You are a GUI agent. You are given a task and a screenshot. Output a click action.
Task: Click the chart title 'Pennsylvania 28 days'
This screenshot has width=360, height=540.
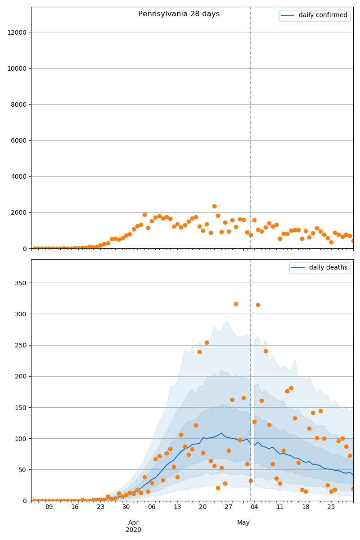[179, 14]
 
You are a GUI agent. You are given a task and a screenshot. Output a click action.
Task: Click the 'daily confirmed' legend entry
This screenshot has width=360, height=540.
[323, 15]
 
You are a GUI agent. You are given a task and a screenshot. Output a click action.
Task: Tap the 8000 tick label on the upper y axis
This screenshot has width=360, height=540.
[18, 104]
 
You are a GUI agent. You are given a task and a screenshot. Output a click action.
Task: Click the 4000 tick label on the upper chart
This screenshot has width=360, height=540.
[18, 176]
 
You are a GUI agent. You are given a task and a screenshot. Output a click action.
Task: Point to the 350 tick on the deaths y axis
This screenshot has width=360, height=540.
[22, 283]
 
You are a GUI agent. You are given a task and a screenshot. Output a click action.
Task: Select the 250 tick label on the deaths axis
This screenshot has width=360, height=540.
[22, 345]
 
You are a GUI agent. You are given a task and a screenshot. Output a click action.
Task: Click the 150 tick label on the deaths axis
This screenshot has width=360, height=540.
[22, 407]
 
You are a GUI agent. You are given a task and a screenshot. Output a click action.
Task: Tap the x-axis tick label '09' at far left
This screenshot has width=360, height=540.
[49, 507]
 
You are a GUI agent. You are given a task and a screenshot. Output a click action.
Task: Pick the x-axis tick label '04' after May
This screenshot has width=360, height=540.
[254, 507]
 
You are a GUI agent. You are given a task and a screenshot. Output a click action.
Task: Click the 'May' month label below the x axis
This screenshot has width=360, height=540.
[243, 523]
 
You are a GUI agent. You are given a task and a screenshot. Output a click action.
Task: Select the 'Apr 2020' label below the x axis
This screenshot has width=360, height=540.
[134, 526]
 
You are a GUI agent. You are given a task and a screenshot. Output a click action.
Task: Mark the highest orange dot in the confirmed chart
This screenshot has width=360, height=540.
[214, 206]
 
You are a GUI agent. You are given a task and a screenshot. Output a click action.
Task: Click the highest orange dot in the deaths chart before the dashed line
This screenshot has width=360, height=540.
[236, 304]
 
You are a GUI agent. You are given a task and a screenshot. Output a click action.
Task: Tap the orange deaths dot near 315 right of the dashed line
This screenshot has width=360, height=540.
[258, 305]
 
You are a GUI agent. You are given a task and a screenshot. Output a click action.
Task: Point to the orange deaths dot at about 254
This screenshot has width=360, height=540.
[207, 342]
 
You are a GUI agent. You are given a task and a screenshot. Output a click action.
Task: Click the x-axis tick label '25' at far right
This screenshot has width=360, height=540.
[331, 507]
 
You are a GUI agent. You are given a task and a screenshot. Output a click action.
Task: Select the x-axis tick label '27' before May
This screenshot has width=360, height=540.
[229, 507]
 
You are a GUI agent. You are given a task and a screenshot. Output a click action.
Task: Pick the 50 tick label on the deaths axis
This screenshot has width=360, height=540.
[23, 470]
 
